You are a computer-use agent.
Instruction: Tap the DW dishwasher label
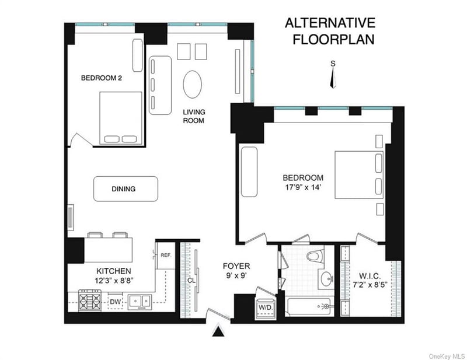pyautogui.click(x=115, y=302)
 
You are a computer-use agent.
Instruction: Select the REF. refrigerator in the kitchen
pyautogui.click(x=166, y=256)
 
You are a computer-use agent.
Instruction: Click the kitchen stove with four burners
pyautogui.click(x=90, y=300)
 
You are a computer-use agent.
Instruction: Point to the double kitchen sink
pyautogui.click(x=140, y=302)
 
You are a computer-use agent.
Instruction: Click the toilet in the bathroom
pyautogui.click(x=317, y=256)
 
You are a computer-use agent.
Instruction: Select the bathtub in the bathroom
pyautogui.click(x=309, y=306)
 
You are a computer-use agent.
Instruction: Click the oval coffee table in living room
pyautogui.click(x=192, y=84)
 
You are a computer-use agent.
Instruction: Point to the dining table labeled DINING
pyautogui.click(x=126, y=189)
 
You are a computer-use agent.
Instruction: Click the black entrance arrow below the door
pyautogui.click(x=218, y=331)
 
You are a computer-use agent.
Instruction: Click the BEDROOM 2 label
pyautogui.click(x=102, y=78)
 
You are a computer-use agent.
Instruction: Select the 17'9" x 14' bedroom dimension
pyautogui.click(x=303, y=188)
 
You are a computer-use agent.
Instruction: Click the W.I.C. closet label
pyautogui.click(x=370, y=276)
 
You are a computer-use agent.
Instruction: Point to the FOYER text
pyautogui.click(x=236, y=266)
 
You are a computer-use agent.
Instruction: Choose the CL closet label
pyautogui.click(x=191, y=281)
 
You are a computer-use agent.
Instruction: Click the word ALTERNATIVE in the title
pyautogui.click(x=330, y=23)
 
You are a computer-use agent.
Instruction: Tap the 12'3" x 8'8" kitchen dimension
pyautogui.click(x=114, y=281)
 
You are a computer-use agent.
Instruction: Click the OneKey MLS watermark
pyautogui.click(x=447, y=356)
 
